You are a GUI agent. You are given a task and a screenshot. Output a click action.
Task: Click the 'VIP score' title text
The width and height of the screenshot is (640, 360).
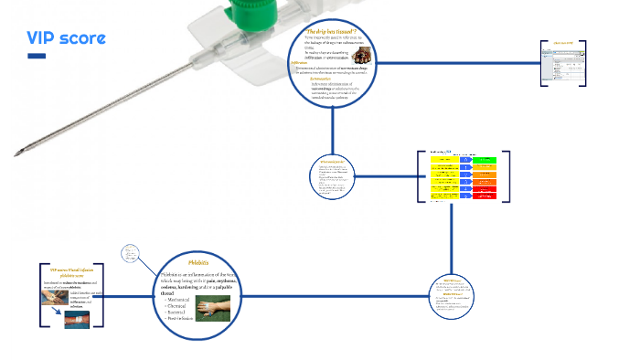(x=66, y=38)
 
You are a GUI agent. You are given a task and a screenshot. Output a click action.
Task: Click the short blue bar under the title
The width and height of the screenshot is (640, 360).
(x=37, y=57)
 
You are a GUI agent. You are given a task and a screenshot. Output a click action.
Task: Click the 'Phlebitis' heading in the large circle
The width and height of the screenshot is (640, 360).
(x=199, y=262)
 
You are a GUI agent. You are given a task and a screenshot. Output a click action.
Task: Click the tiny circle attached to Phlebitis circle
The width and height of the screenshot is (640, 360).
(x=132, y=253)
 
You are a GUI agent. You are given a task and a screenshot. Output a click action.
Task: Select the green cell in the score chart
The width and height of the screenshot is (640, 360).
(x=485, y=159)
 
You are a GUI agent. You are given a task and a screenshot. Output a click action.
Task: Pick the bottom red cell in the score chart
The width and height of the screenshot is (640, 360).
(x=485, y=195)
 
